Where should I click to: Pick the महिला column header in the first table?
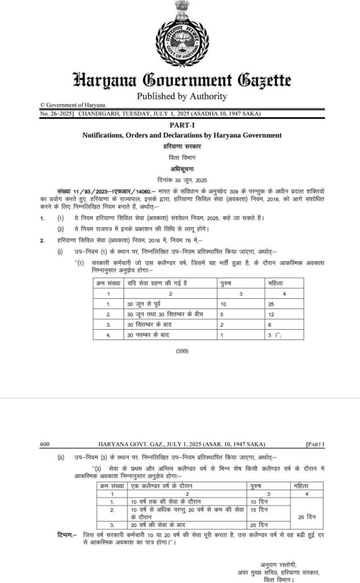tap(276, 282)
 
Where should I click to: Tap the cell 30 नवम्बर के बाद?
tap(149, 336)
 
